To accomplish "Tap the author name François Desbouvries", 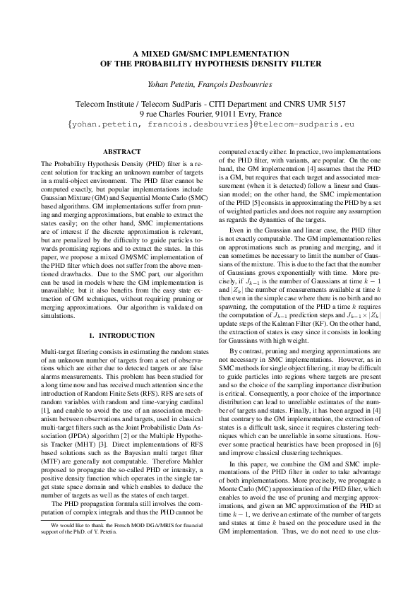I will [236, 84].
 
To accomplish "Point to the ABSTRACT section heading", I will [121, 152].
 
